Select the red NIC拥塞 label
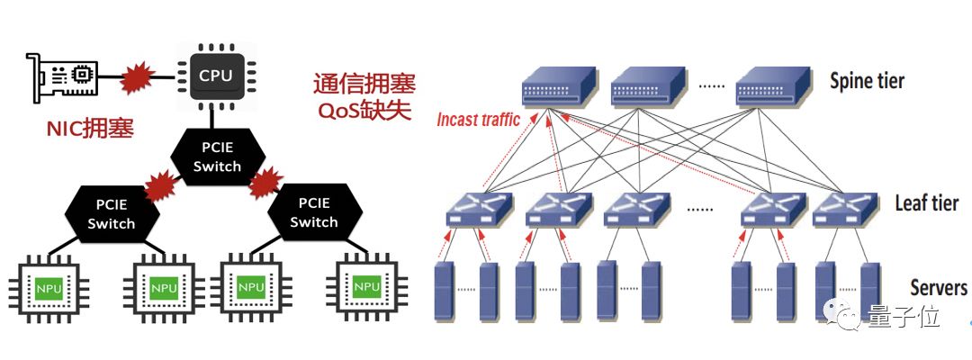[x=90, y=128]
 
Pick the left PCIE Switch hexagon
[x=112, y=212]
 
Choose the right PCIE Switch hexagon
[x=313, y=212]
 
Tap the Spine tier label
[x=866, y=82]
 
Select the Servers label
[x=938, y=288]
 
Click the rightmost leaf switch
[x=844, y=209]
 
